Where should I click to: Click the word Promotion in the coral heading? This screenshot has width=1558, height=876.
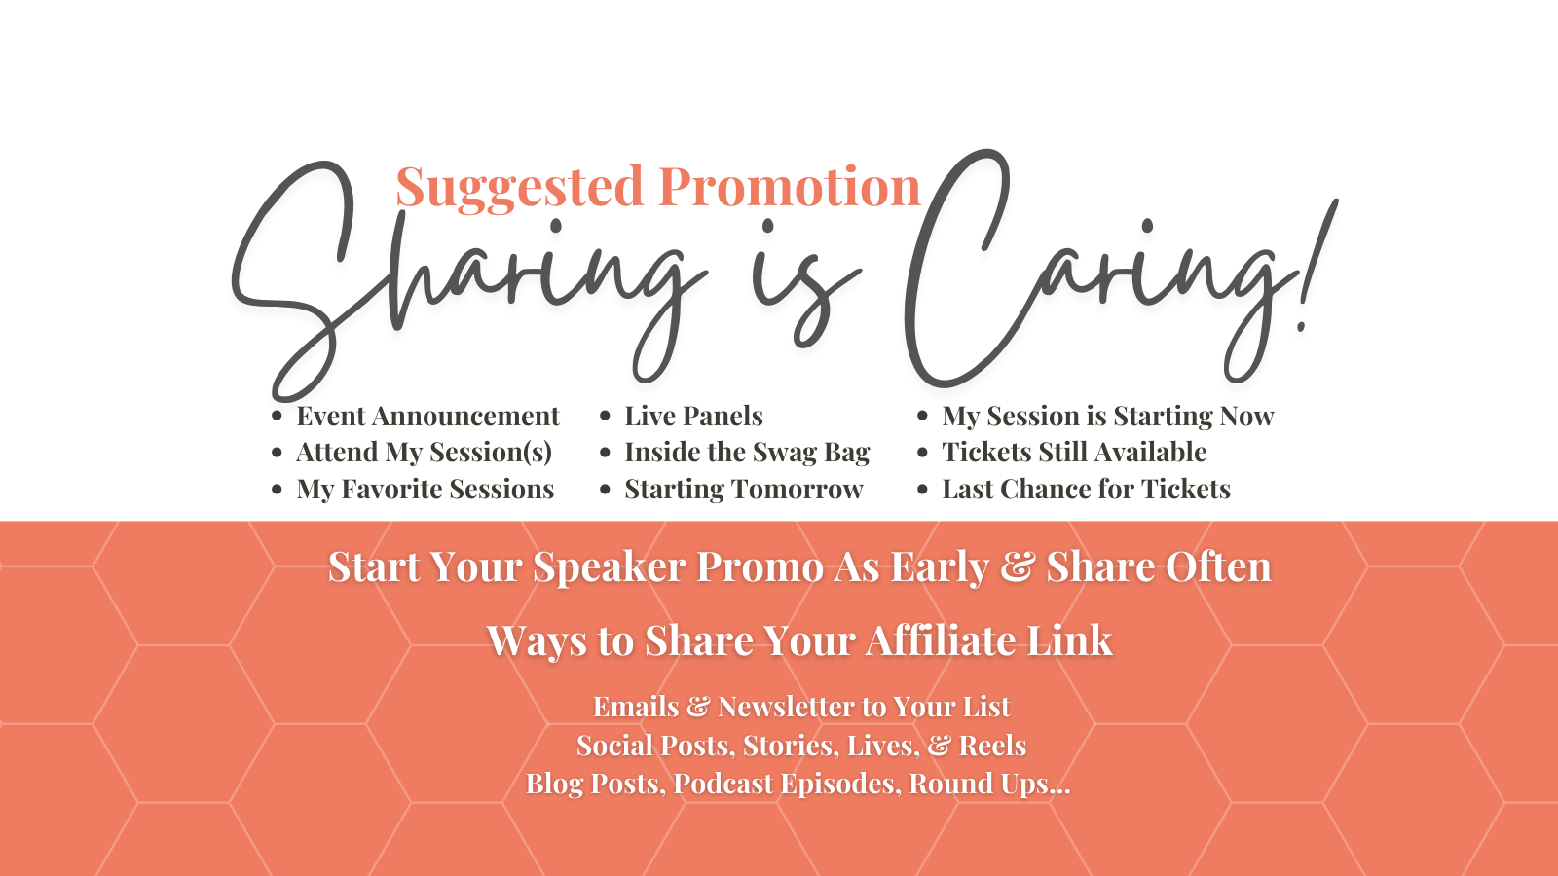790,187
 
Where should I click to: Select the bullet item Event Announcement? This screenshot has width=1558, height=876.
427,416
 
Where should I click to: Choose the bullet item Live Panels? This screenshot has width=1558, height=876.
693,416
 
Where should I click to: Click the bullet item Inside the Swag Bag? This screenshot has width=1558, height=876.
747,453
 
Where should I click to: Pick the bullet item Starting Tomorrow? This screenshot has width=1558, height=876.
744,490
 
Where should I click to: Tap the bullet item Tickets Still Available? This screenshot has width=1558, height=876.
1074,452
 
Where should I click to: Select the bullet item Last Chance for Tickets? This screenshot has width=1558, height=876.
1086,489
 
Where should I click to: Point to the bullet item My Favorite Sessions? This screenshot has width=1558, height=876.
425,490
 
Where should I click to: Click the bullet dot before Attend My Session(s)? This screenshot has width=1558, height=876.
277,454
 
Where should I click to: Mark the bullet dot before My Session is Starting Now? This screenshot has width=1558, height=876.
922,417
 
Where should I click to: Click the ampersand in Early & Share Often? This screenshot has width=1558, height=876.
1017,566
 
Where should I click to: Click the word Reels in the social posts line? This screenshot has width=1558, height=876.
992,746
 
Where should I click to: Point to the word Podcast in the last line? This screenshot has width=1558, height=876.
723,784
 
